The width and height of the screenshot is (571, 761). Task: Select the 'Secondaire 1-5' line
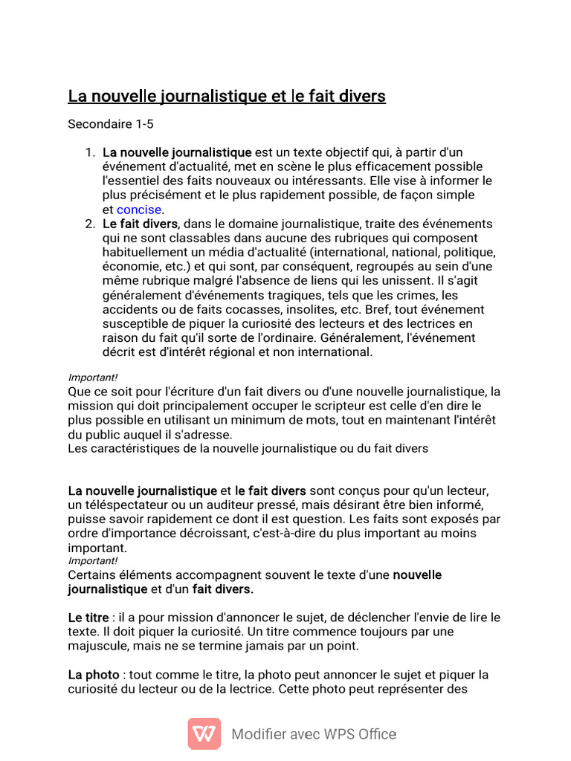point(110,124)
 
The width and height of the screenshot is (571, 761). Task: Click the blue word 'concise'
point(139,210)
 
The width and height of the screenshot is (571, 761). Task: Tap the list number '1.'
point(89,152)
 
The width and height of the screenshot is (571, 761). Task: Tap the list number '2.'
point(89,224)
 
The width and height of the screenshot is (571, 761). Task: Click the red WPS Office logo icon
point(204,734)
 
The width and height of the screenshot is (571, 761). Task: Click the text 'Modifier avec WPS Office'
point(314,734)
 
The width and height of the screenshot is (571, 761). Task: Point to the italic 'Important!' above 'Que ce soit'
point(93,377)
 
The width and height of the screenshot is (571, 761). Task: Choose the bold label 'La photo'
point(94,675)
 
